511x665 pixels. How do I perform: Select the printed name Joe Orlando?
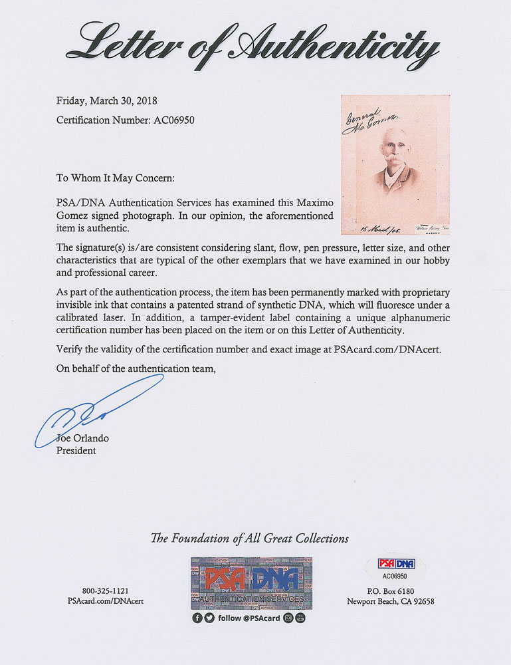point(82,439)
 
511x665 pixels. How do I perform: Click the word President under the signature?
point(76,450)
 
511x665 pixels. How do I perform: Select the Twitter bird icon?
point(209,618)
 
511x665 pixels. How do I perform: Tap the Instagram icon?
point(288,618)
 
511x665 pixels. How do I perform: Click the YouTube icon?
point(300,618)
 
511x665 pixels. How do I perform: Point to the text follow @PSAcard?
point(249,618)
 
